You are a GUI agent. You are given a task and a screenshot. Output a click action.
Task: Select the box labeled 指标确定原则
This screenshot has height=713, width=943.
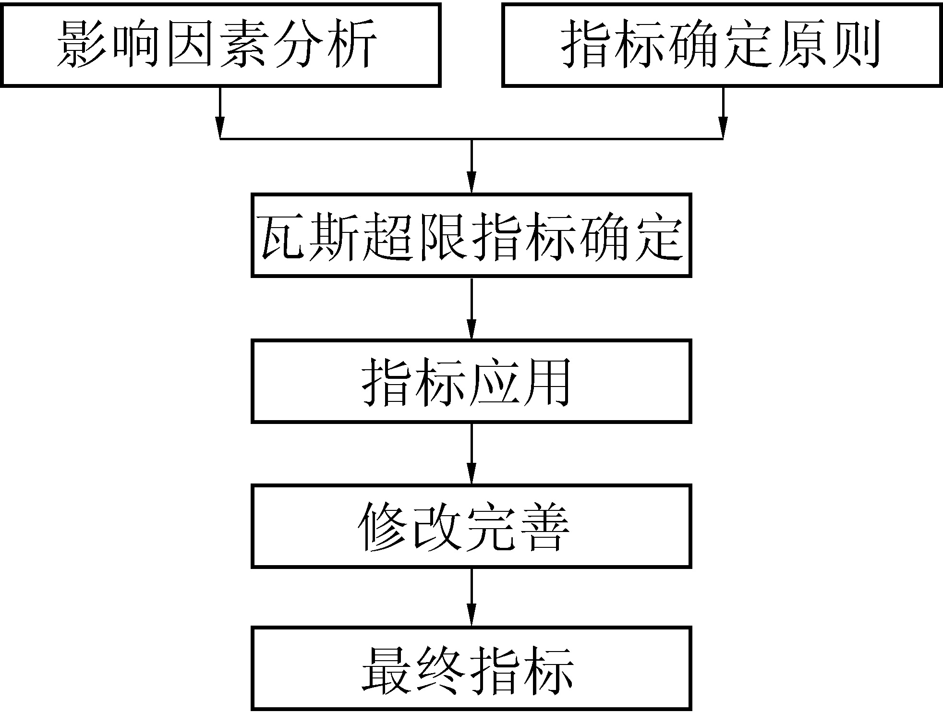[722, 45]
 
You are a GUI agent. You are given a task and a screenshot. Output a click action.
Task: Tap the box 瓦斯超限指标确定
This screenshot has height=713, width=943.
[471, 235]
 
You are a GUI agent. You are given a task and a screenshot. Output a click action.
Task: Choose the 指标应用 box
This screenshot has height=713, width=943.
[471, 381]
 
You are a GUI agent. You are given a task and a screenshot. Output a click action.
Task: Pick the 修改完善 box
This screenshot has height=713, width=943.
[471, 526]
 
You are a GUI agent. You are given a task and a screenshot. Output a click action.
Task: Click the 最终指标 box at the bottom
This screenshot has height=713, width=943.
[471, 668]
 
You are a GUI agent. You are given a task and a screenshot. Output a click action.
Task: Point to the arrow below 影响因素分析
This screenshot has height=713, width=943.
[220, 113]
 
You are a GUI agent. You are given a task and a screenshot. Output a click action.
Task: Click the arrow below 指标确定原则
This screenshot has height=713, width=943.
[723, 113]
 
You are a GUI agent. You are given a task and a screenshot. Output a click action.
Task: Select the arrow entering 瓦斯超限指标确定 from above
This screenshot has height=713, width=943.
[471, 166]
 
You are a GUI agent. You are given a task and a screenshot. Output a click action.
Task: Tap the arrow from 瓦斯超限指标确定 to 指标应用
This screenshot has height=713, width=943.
[471, 308]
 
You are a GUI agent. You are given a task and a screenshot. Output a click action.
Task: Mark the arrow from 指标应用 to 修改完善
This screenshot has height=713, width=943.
[471, 454]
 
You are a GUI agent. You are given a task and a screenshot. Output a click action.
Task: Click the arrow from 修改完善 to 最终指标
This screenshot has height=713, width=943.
[471, 597]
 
